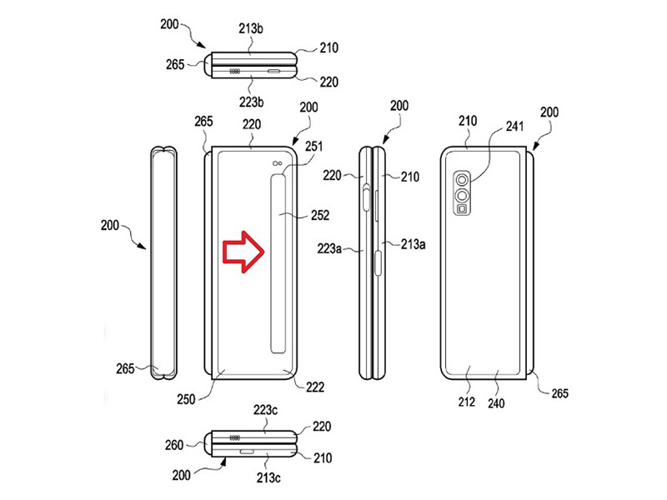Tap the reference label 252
click(x=319, y=215)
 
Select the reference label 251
click(x=314, y=147)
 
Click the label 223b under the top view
click(x=253, y=102)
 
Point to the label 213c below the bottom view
click(x=269, y=477)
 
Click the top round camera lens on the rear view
click(x=462, y=178)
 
